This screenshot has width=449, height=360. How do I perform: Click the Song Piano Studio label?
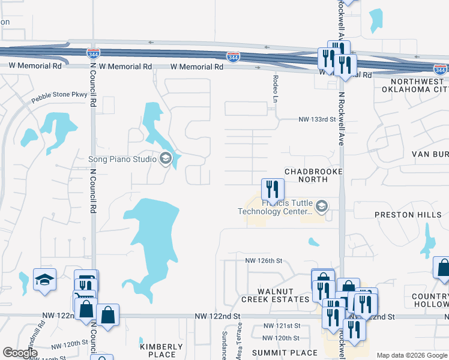point(122,159)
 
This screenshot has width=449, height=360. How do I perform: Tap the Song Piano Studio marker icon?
point(165,159)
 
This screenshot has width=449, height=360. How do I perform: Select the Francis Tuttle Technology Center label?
point(276,207)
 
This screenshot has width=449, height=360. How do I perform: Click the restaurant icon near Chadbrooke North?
point(273,190)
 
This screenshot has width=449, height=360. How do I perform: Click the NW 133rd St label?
point(316,119)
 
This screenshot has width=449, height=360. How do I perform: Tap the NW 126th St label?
point(263,260)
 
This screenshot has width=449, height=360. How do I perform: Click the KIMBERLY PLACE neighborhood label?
point(161,350)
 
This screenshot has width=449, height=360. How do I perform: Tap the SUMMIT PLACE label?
point(285,352)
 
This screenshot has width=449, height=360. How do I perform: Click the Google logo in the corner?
point(20,353)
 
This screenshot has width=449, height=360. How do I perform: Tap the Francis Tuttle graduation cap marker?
point(322,207)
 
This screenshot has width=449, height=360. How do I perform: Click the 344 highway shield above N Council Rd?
point(93,53)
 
